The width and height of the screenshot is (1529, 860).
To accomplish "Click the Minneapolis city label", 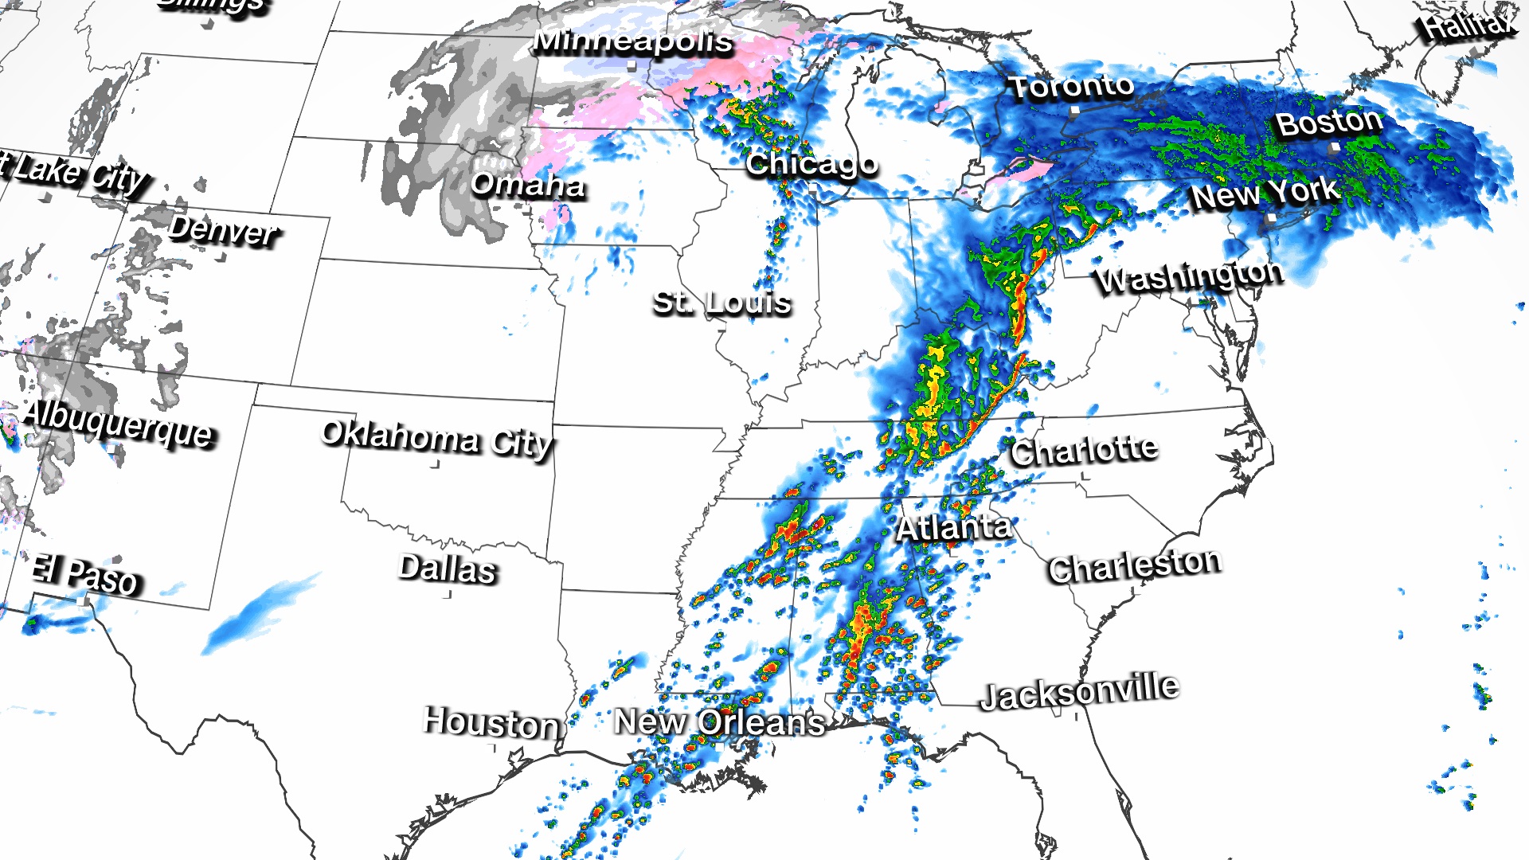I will (x=632, y=41).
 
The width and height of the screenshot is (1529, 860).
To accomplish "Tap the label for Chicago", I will (x=811, y=164).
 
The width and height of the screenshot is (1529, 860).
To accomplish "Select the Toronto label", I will (x=1071, y=86).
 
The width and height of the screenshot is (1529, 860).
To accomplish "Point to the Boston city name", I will (x=1328, y=123).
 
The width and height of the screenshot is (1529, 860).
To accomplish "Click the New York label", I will (x=1265, y=193).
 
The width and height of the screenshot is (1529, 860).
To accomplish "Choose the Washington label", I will (x=1188, y=276).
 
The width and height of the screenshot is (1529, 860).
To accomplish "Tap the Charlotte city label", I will (x=1084, y=451).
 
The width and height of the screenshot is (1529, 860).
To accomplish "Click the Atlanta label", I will (x=953, y=527).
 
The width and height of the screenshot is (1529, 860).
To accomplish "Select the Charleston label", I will (x=1134, y=566).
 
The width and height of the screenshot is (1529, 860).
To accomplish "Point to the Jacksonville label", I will (x=1078, y=691).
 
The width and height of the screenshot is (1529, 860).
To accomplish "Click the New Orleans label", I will (x=719, y=722).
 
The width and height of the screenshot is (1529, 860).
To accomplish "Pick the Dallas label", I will (x=447, y=569).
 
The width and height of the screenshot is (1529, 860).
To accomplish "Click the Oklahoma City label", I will (x=436, y=438).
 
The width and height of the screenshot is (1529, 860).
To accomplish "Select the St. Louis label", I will (x=721, y=303).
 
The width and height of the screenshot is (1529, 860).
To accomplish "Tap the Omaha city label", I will (x=527, y=185).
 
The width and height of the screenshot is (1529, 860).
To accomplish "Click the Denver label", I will (x=223, y=230).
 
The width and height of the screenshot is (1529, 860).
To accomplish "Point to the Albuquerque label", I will (x=118, y=424).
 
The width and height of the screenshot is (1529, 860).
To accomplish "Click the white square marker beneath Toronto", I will (x=1074, y=112).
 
